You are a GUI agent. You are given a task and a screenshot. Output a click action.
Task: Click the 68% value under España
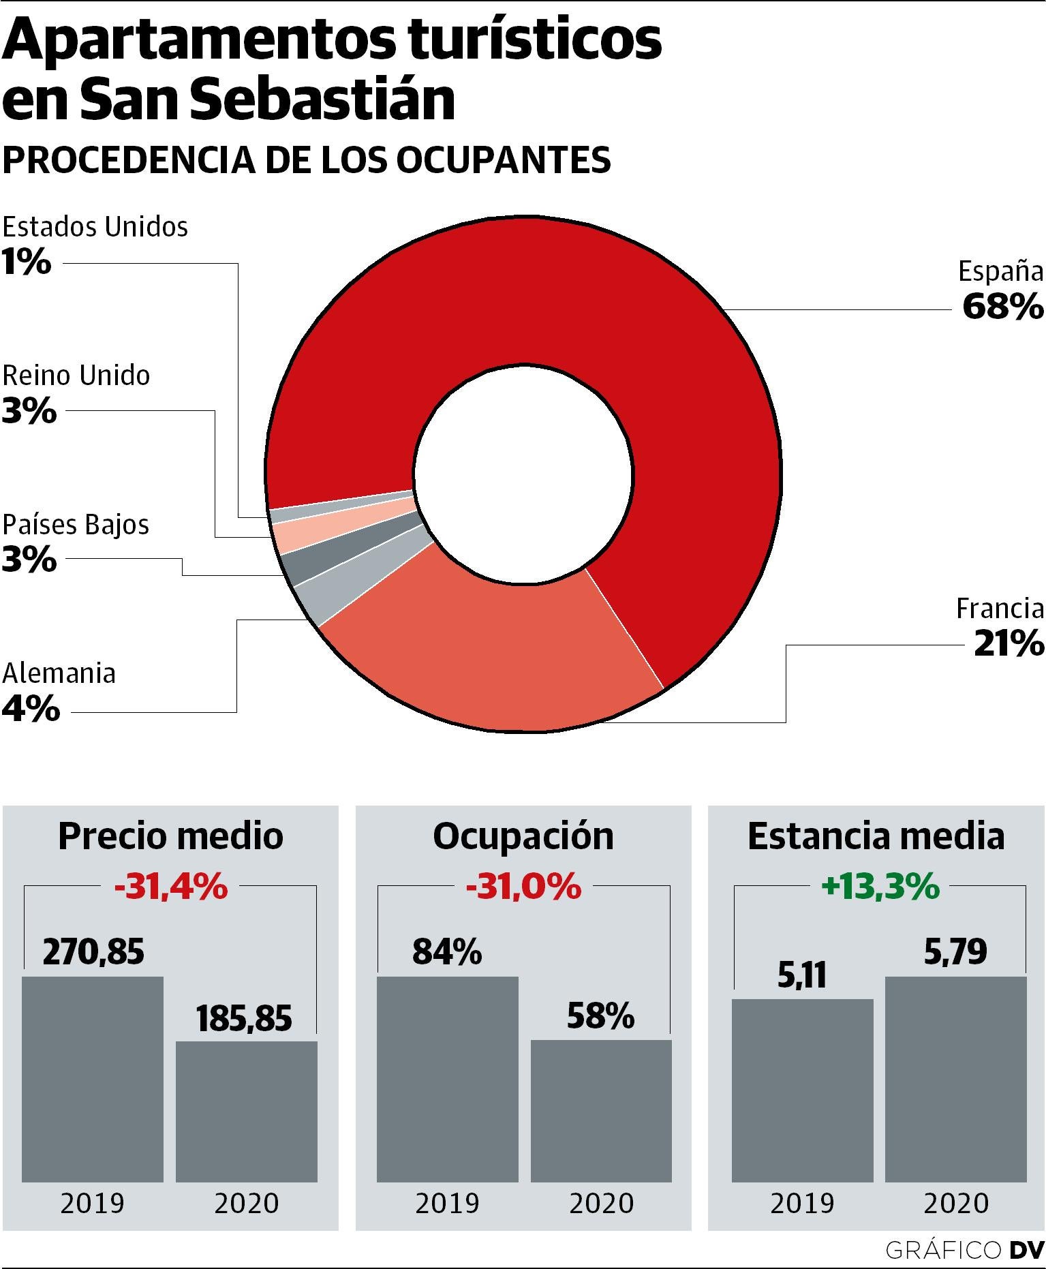tap(1002, 307)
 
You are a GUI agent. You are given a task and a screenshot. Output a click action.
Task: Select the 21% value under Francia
tap(1009, 643)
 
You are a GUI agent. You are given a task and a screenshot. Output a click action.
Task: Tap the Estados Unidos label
tap(95, 227)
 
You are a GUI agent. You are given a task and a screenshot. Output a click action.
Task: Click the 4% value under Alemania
tap(31, 709)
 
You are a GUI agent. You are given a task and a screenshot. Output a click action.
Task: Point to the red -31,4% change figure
tap(170, 887)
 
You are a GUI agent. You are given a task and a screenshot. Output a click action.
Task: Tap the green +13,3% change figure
tap(880, 887)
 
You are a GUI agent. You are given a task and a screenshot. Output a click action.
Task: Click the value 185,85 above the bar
tap(244, 1019)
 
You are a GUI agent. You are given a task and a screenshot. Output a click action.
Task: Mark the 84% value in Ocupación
tap(447, 951)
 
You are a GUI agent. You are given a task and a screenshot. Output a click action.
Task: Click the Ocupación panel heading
tap(523, 836)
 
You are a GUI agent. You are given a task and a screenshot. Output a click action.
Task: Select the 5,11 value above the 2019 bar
tap(802, 975)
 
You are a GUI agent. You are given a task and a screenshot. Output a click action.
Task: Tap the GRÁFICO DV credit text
tap(964, 1250)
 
